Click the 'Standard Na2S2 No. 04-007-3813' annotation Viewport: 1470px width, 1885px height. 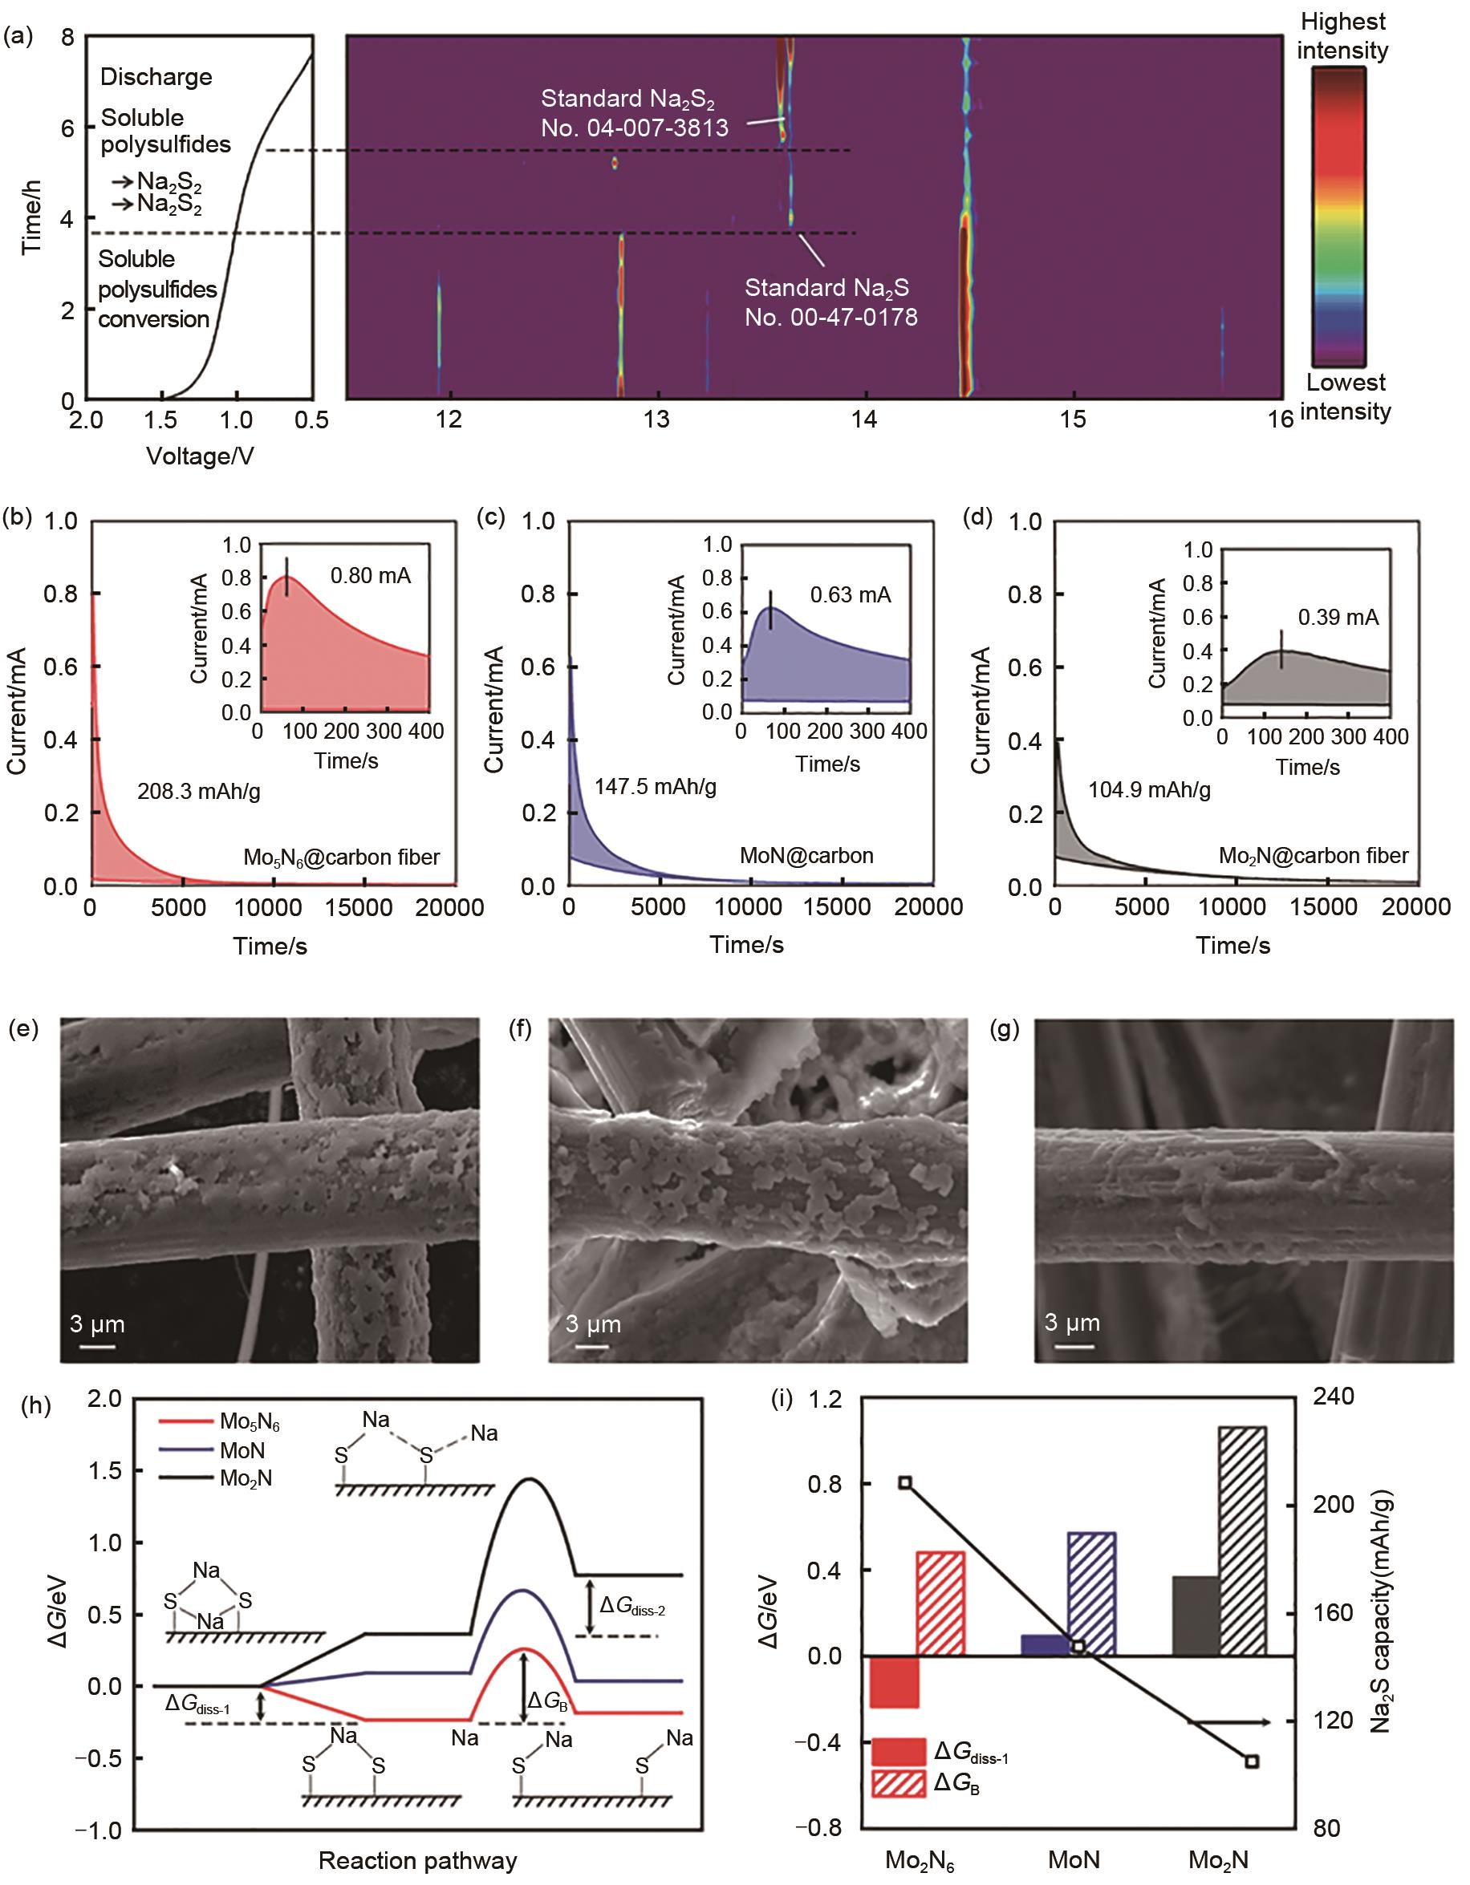635,113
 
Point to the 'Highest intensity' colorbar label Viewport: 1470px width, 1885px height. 1342,36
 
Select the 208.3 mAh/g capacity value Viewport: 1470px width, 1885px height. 198,791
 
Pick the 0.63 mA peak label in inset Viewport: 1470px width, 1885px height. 851,594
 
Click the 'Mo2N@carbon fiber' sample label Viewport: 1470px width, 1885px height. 1313,855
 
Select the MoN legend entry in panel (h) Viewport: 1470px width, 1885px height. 242,1450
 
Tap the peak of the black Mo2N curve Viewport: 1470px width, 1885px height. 528,1479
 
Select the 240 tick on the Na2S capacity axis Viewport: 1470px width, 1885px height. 1333,1397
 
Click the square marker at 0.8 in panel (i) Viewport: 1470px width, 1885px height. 905,1483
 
